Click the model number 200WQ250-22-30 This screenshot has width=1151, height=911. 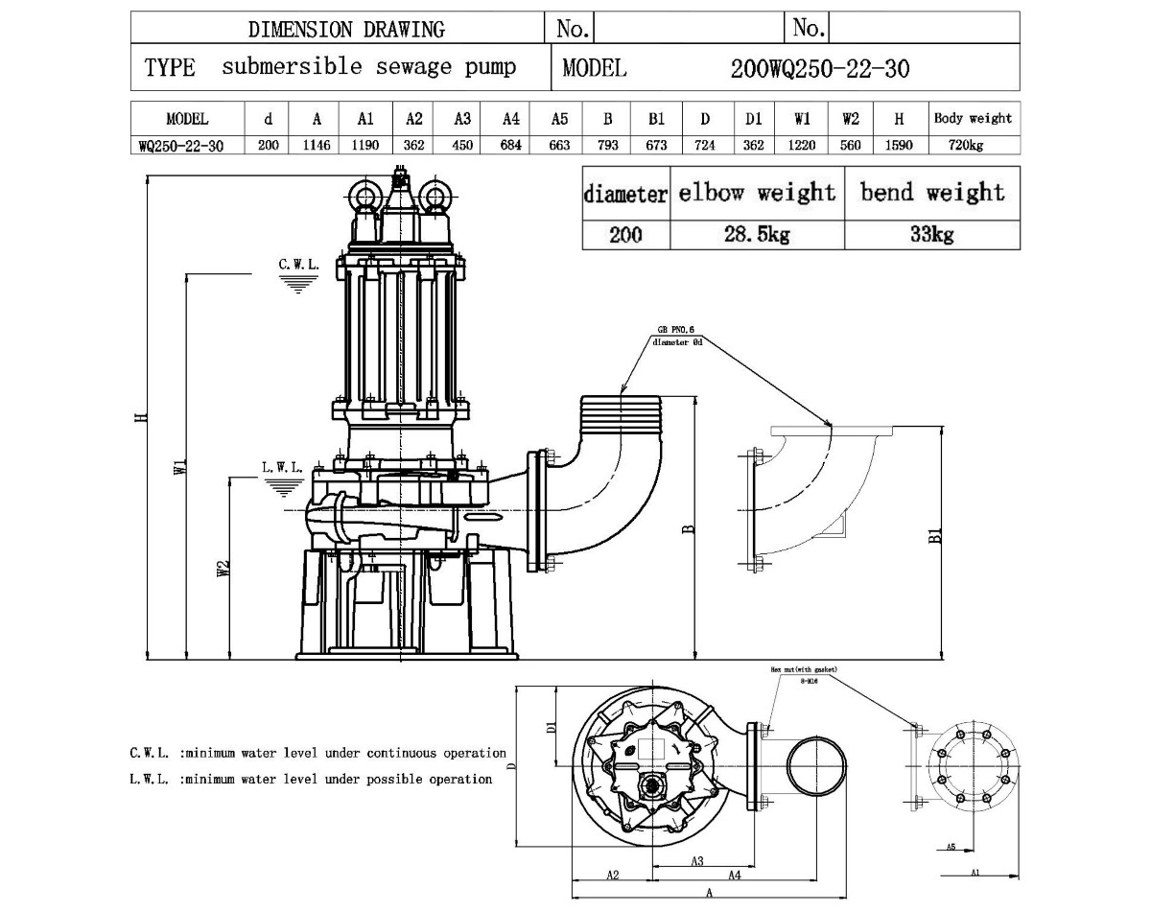click(819, 68)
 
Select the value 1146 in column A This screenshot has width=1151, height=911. click(317, 146)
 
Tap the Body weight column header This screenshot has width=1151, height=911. click(973, 119)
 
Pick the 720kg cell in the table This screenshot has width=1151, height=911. click(973, 146)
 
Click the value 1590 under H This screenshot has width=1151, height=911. click(899, 146)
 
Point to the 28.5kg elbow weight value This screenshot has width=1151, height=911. click(757, 235)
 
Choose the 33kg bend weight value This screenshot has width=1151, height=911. click(931, 235)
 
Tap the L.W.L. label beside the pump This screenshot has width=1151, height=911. click(281, 468)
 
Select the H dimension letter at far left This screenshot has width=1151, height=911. click(141, 417)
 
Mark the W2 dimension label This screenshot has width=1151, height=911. click(223, 569)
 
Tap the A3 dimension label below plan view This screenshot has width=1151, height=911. click(697, 861)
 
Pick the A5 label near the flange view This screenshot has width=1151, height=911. click(950, 847)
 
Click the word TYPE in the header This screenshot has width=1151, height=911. click(170, 68)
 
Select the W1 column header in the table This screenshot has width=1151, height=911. click(802, 119)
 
